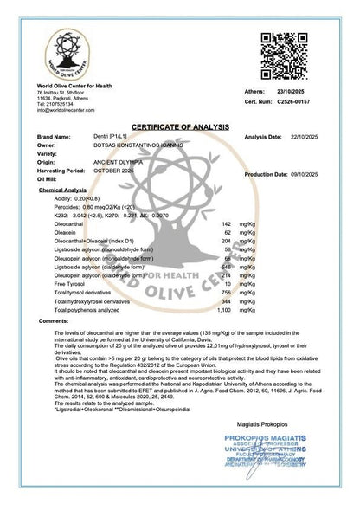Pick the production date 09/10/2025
pyautogui.click(x=319, y=174)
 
